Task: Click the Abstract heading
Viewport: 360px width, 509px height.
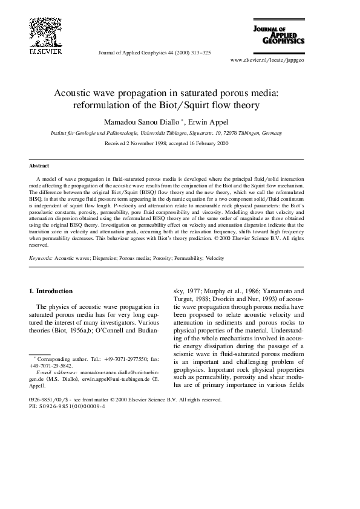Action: tap(39, 165)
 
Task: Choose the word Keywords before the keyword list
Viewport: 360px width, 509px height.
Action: tap(41, 258)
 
